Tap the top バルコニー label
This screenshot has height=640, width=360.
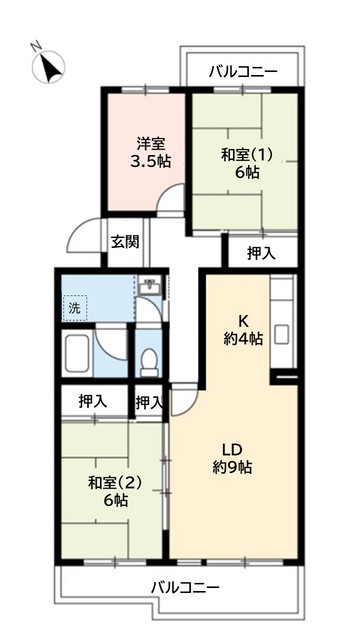[243, 72]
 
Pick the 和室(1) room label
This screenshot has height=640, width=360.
[246, 155]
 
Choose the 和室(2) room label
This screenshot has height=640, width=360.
[114, 481]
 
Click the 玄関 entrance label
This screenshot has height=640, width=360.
[125, 241]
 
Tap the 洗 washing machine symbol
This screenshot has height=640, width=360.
[73, 309]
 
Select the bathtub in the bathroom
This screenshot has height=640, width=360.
[81, 355]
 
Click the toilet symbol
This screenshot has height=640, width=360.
[149, 357]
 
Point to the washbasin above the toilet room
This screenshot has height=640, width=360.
[149, 287]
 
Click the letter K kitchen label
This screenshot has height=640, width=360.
[243, 320]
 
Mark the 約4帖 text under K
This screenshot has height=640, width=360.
[243, 339]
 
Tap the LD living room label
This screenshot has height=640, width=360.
[233, 448]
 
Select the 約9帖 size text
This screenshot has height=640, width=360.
[233, 467]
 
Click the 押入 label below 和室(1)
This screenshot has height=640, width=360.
[261, 253]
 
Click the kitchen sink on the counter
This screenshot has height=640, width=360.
[283, 332]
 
